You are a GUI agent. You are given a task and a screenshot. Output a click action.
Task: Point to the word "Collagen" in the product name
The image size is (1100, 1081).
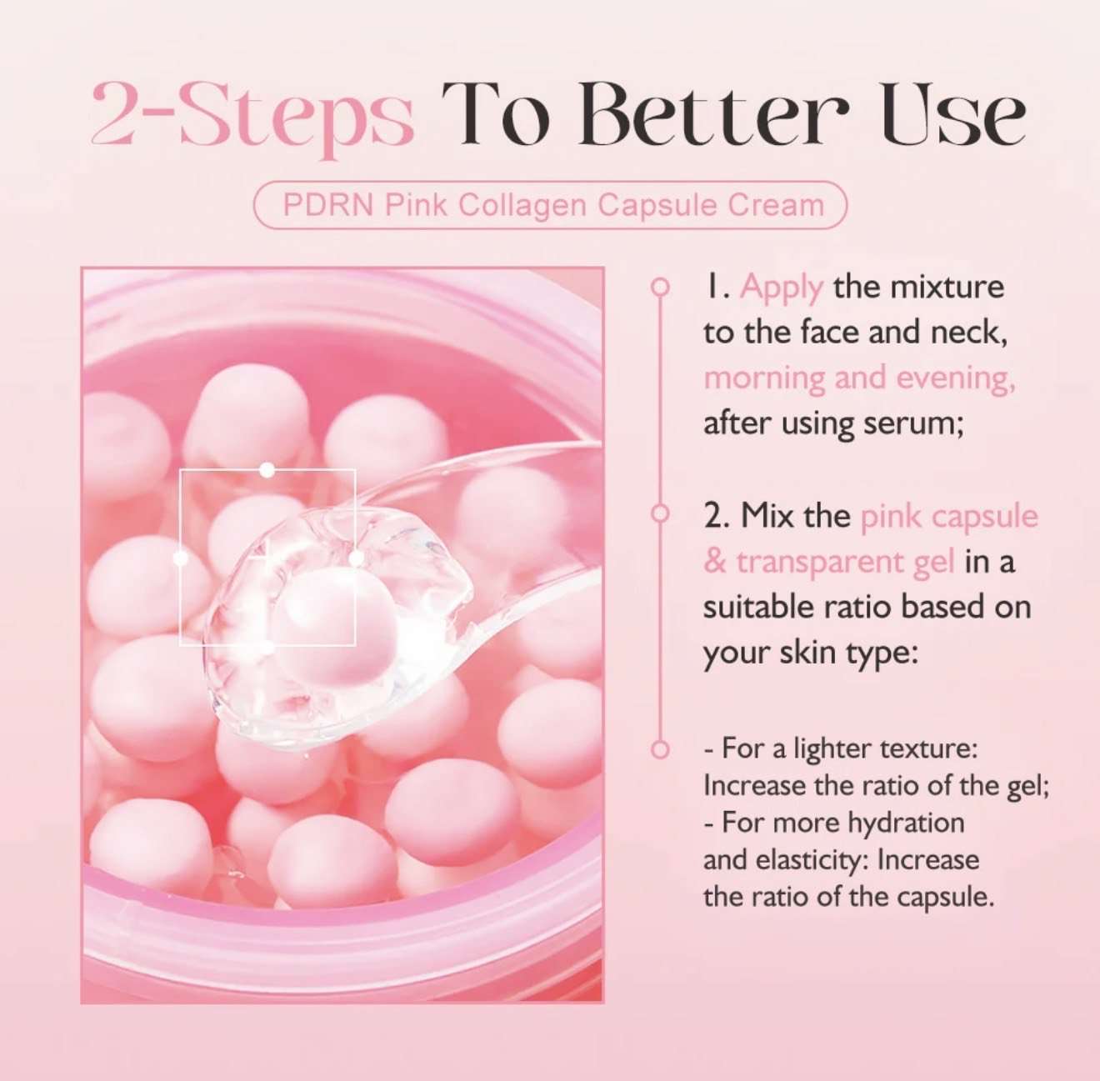click(522, 207)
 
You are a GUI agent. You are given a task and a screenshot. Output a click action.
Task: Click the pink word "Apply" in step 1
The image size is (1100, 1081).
click(782, 288)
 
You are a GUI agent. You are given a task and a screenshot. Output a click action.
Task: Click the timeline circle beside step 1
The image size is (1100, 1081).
click(661, 287)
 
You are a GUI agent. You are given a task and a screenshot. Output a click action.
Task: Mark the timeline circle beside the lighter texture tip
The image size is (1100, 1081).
click(661, 748)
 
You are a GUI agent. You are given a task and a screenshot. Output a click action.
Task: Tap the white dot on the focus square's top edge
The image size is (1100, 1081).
click(267, 470)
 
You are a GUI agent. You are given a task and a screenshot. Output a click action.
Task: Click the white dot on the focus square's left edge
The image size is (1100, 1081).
click(180, 558)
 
